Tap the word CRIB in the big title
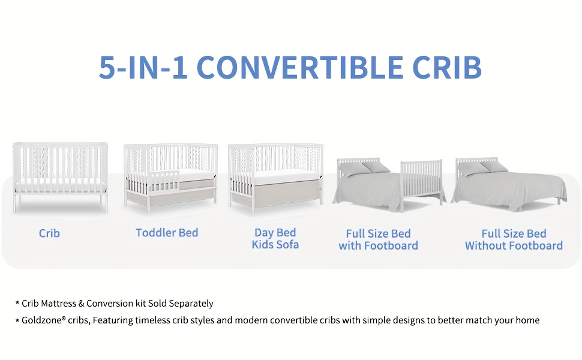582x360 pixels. [447, 67]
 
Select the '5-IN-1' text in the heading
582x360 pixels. [143, 67]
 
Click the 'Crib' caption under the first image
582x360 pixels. [49, 233]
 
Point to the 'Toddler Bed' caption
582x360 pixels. [167, 233]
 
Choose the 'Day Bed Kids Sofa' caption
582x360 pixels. [275, 238]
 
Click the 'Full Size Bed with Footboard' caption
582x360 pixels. [378, 239]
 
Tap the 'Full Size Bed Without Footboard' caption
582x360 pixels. [514, 239]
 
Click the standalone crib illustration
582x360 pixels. [60, 178]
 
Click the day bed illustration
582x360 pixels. [275, 179]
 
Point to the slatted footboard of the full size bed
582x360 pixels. [422, 182]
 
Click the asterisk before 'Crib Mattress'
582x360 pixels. [17, 303]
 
